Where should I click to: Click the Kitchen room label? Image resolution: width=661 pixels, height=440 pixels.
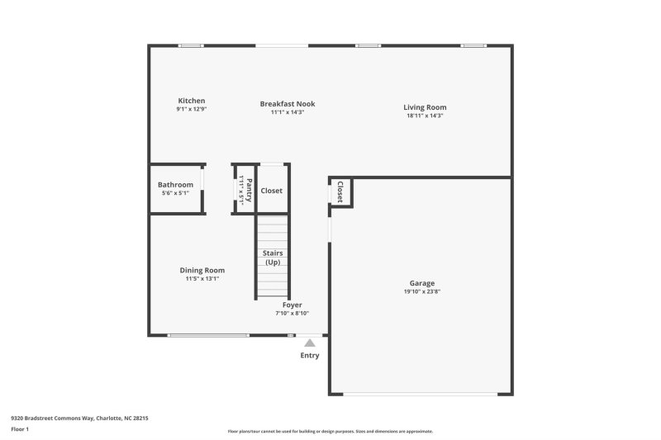pos(191,101)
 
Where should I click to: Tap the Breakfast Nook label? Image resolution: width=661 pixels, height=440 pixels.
pos(288,104)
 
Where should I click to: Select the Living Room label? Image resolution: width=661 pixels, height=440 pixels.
pos(425,107)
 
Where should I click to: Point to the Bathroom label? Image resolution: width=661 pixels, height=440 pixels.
pos(175,185)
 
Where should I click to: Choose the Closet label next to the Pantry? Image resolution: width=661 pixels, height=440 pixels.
pos(271,191)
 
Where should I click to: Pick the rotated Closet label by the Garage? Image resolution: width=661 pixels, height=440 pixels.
pos(340,192)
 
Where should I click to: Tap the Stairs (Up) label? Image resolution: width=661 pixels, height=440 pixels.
pos(272,257)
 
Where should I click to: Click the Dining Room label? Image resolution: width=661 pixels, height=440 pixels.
pos(202,270)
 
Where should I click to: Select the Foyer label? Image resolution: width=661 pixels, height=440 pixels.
pos(292,305)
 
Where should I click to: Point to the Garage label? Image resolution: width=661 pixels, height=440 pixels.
pos(421,283)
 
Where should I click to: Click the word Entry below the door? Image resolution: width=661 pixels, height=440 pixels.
pos(309,356)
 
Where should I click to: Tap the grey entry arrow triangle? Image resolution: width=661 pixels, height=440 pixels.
pos(309,343)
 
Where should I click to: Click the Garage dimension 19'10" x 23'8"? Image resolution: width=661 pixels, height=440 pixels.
pos(421,291)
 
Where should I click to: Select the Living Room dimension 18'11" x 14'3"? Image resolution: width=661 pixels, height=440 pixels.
pos(425,116)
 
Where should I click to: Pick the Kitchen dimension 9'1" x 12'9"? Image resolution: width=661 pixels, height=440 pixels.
pos(191,109)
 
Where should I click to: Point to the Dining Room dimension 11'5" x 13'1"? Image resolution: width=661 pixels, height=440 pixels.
pos(202,278)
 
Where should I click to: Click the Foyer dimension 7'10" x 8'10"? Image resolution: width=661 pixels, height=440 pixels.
pos(292,313)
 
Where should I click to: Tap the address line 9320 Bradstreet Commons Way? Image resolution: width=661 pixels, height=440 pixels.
pos(79,419)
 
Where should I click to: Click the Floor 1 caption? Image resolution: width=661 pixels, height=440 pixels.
pos(20,429)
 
